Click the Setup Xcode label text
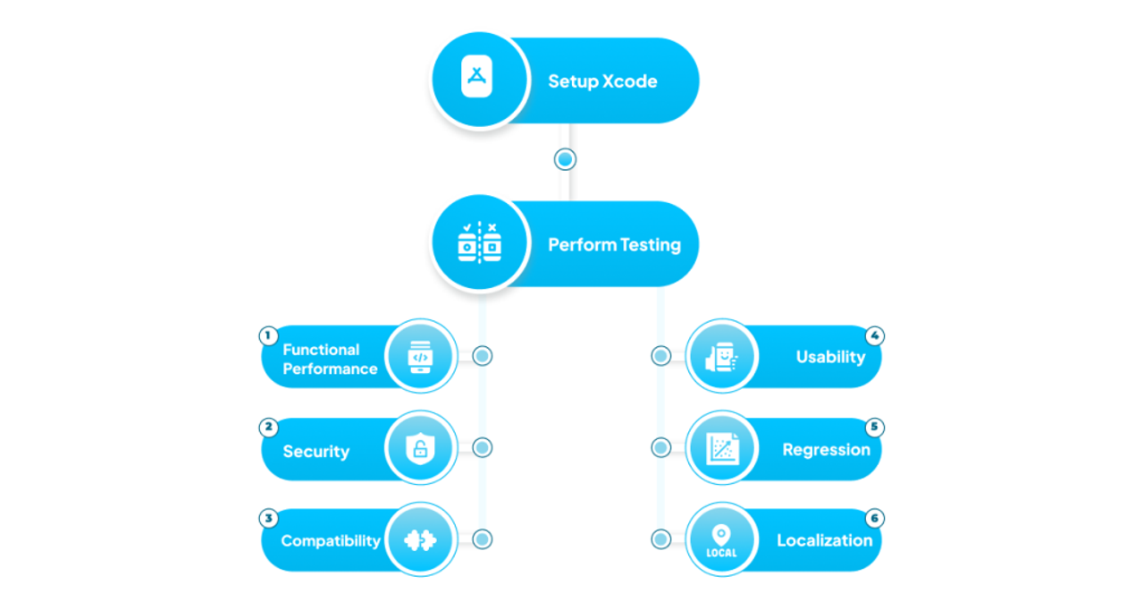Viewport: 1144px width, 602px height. [x=602, y=81]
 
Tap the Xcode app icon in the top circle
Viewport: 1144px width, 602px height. [x=476, y=76]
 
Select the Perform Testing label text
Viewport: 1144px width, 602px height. [x=614, y=245]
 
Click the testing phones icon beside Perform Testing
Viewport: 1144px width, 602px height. [x=480, y=242]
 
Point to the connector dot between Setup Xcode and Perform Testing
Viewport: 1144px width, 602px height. [x=566, y=159]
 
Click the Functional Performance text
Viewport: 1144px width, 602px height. [x=330, y=360]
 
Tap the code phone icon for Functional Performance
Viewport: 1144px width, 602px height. [x=420, y=357]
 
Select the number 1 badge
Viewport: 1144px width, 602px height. [x=268, y=335]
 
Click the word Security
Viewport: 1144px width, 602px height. [x=316, y=451]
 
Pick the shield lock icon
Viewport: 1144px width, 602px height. [x=420, y=448]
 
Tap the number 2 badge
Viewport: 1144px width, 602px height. [x=269, y=428]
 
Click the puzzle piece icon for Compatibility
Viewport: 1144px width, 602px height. [x=420, y=540]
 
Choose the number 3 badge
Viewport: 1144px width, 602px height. [x=269, y=518]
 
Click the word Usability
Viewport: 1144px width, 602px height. [x=830, y=357]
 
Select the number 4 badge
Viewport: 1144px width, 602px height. [x=875, y=335]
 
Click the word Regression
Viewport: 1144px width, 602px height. [x=827, y=450]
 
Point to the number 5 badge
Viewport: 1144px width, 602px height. [x=875, y=427]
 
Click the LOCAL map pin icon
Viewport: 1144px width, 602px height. [x=721, y=540]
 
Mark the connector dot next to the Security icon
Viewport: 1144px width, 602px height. [x=482, y=447]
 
